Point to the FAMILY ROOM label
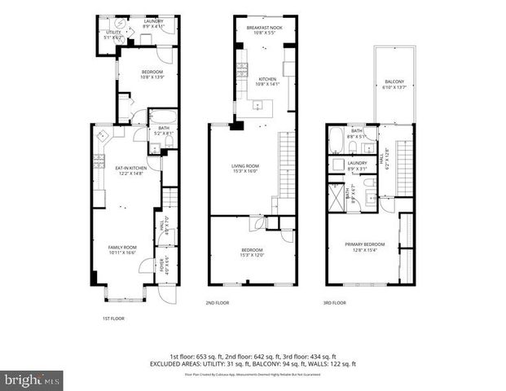click(x=123, y=247)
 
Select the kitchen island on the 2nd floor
click(x=263, y=104)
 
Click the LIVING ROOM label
click(x=245, y=167)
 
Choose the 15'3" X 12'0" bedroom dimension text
click(x=251, y=256)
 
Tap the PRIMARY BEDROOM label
click(x=363, y=244)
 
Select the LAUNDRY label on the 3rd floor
click(x=357, y=163)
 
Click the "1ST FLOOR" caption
click(x=113, y=319)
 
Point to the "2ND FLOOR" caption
click(x=218, y=302)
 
